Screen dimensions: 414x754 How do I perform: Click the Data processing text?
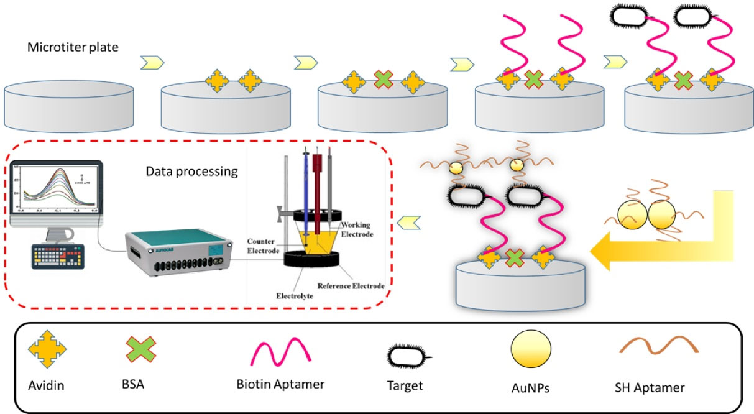point(192,171)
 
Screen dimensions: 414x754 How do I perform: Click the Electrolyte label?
point(295,296)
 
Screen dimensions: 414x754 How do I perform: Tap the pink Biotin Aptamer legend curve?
point(280,353)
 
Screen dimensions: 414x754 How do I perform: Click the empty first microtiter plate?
point(70,103)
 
